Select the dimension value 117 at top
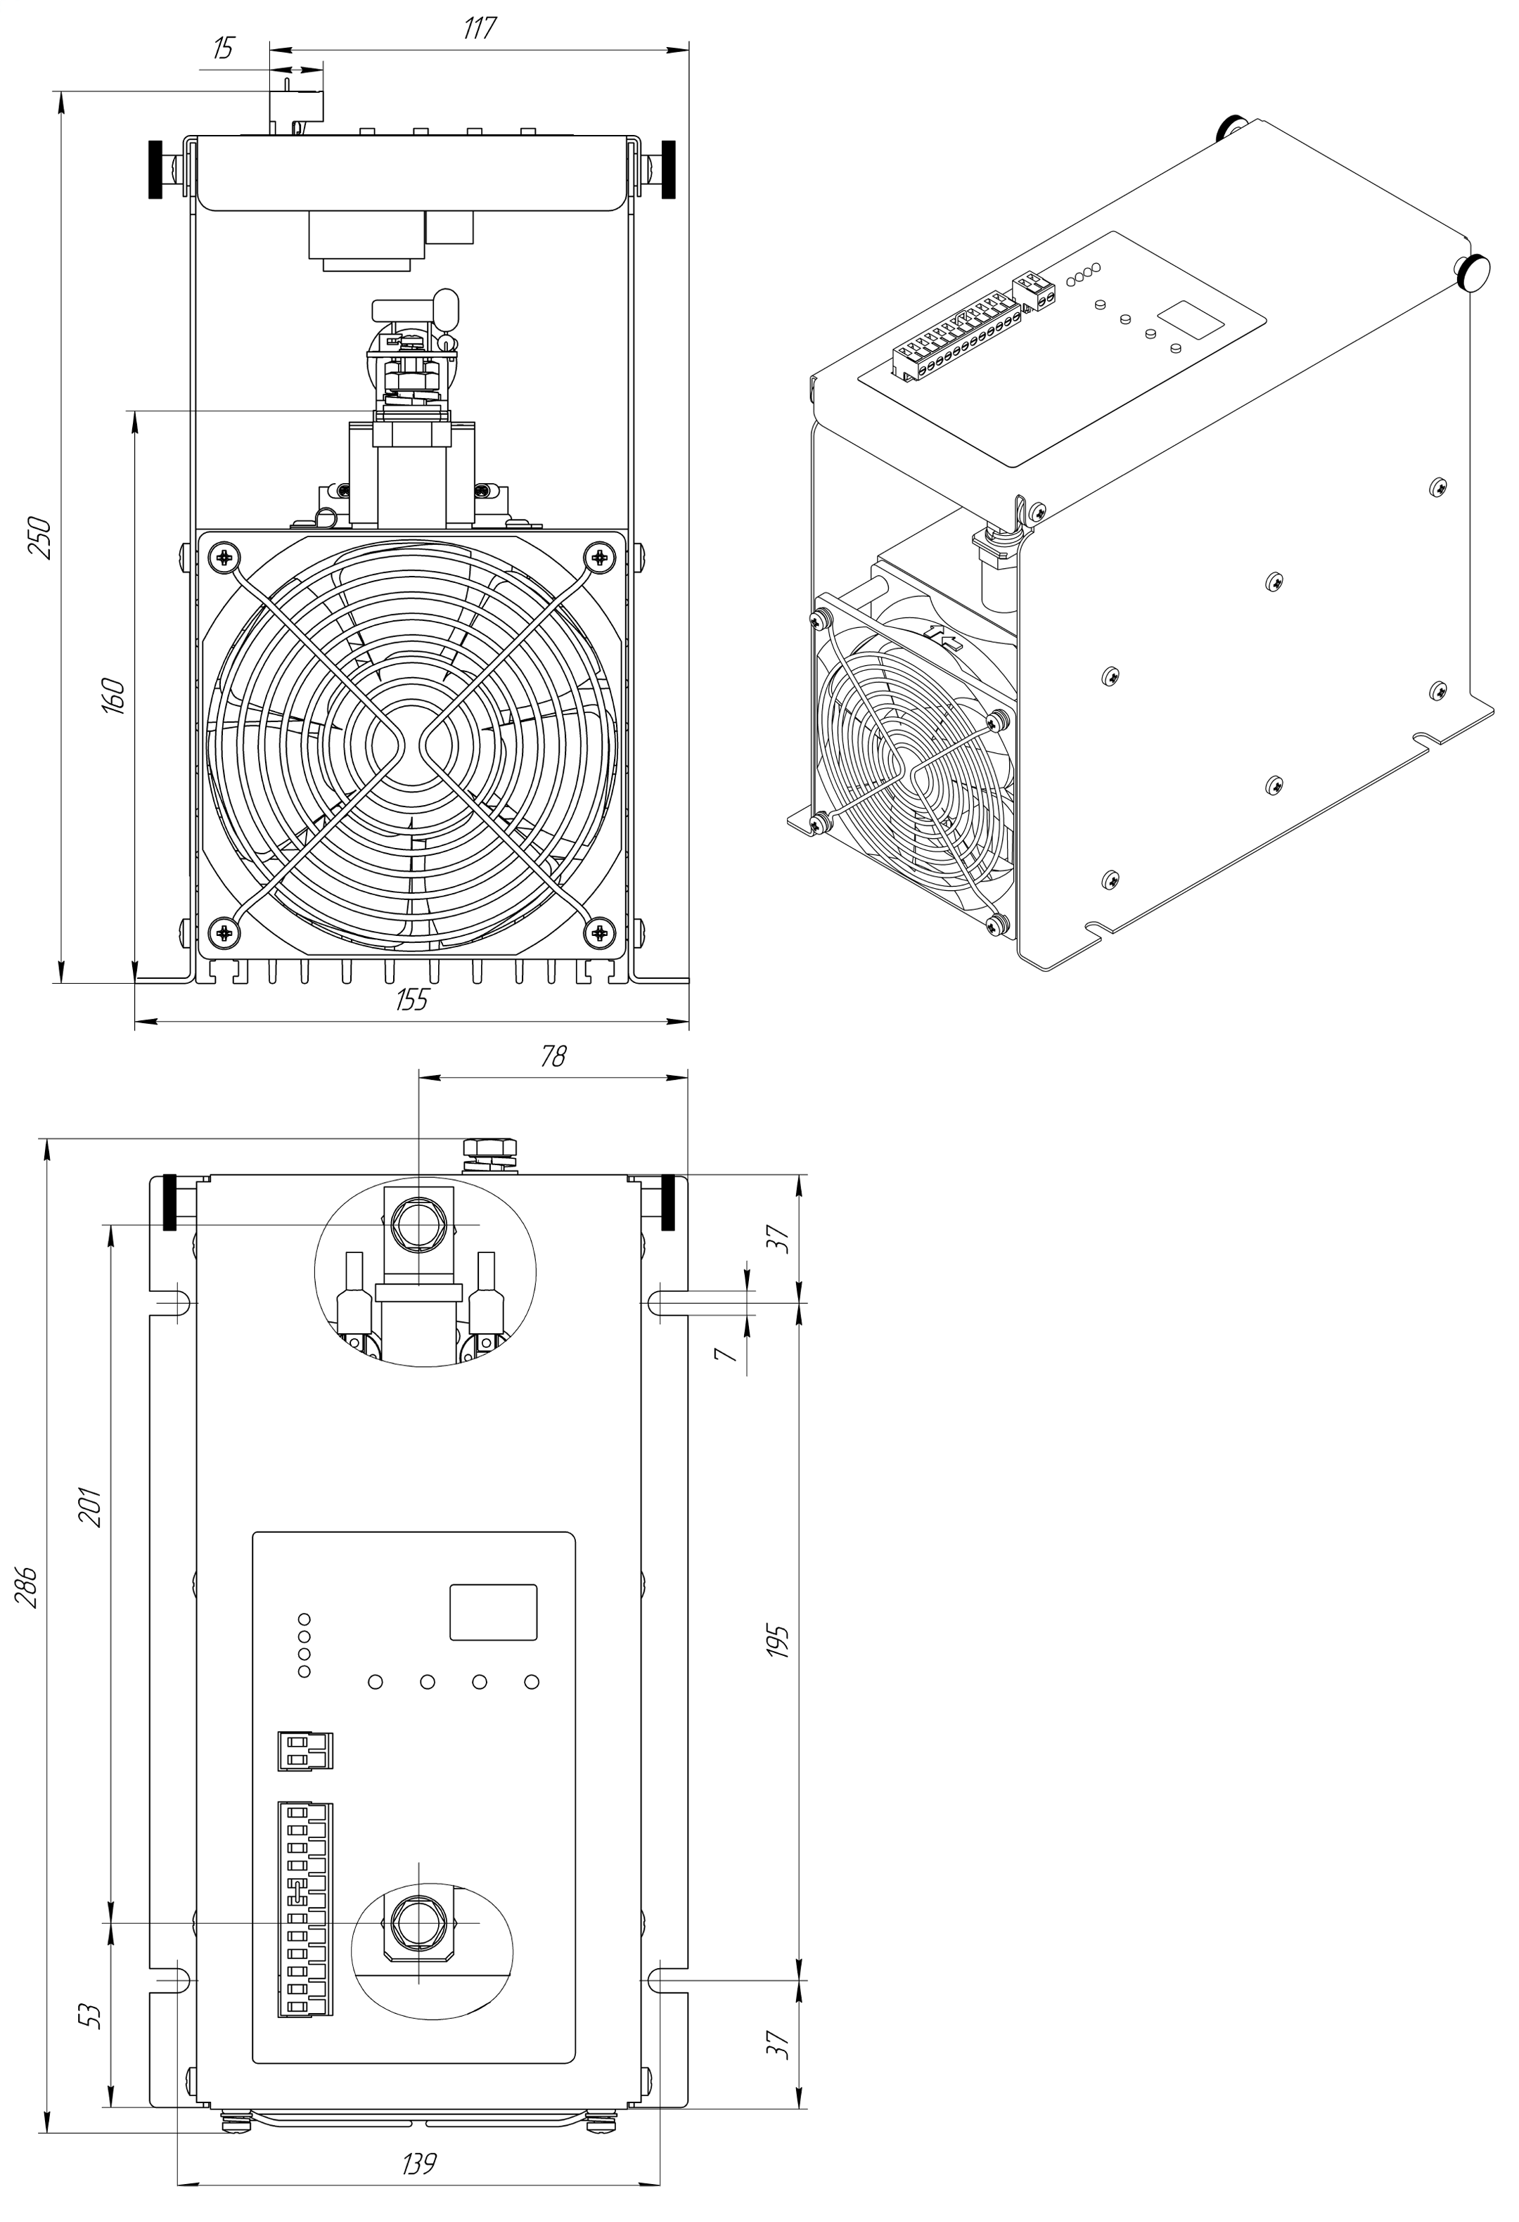(479, 29)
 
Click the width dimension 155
(412, 1000)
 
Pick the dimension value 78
(553, 1055)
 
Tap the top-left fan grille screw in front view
(224, 556)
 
